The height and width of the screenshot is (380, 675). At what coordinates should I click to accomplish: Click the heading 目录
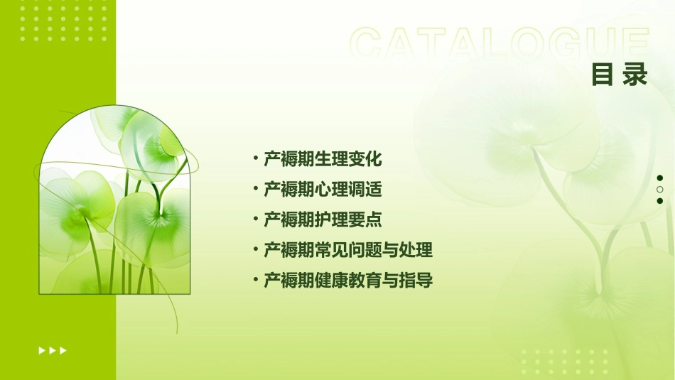pos(620,75)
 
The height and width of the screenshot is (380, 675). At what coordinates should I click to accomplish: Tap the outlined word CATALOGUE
pos(499,44)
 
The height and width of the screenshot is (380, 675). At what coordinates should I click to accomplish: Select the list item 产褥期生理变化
pos(323,159)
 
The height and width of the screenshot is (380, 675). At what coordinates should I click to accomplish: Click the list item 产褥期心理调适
pos(323,190)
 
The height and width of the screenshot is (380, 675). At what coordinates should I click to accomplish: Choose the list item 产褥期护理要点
pos(323,220)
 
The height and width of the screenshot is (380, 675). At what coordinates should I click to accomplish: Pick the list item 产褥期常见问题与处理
pos(348,250)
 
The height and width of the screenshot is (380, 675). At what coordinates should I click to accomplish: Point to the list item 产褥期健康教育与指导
pos(348,281)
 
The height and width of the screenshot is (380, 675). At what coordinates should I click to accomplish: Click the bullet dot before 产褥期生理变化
pos(255,158)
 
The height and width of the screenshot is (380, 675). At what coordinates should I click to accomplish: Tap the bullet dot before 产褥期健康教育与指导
pos(255,280)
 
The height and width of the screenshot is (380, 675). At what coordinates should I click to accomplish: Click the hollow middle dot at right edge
pos(660,190)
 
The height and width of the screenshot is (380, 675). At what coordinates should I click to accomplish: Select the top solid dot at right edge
pos(660,178)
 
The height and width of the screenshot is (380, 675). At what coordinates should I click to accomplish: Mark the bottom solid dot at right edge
pos(660,201)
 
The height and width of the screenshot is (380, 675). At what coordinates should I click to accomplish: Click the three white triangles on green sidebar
pos(53,350)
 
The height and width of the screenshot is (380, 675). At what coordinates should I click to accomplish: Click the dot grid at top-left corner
pos(63,21)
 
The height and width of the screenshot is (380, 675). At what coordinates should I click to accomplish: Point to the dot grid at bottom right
pos(565,362)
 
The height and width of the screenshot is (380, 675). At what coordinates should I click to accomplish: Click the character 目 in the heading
pos(603,75)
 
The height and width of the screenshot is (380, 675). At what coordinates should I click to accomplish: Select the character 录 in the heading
pos(636,75)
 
